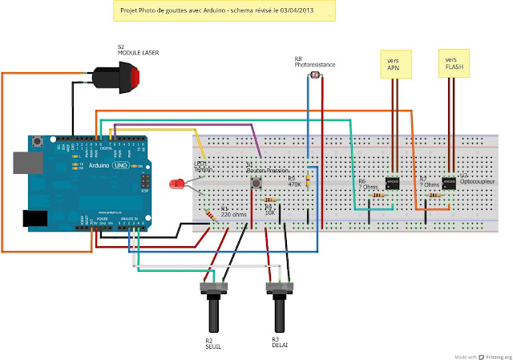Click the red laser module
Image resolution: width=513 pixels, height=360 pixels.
120,78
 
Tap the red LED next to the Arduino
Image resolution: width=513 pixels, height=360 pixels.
176,184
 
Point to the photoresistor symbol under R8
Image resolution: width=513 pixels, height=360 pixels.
314,76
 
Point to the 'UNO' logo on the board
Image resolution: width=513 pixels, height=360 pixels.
119,164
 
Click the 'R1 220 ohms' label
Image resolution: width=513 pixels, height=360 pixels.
212,212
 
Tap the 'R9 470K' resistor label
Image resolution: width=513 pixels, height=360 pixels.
295,181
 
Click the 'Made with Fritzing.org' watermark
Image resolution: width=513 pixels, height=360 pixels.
482,355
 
